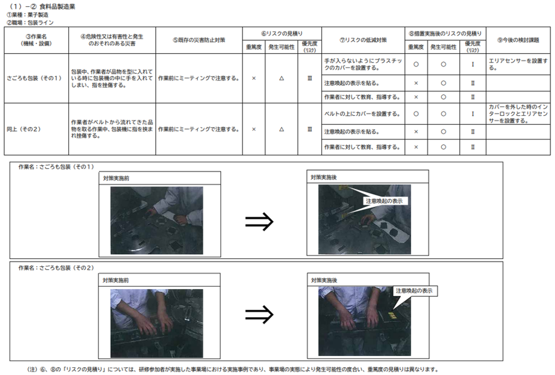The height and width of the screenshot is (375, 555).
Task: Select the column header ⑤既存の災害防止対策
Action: click(x=199, y=40)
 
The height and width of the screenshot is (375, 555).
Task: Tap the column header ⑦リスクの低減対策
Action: click(x=363, y=40)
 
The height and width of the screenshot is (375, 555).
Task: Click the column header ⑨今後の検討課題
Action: click(x=518, y=40)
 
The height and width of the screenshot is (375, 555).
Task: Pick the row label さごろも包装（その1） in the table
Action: click(x=34, y=78)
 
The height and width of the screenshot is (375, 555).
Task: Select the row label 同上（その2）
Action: click(x=24, y=129)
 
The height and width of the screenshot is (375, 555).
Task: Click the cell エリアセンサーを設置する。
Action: click(x=518, y=64)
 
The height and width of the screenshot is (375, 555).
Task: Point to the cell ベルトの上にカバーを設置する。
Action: click(x=362, y=114)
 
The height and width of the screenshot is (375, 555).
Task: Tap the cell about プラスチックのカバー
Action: click(x=363, y=64)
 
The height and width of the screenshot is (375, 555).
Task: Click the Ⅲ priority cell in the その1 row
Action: click(x=310, y=78)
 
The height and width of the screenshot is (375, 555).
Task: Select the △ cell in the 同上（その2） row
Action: click(x=281, y=129)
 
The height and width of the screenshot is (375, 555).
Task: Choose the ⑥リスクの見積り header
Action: click(x=282, y=34)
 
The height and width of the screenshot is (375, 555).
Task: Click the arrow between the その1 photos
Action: click(x=259, y=222)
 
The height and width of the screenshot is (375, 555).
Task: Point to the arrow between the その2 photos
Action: click(x=259, y=315)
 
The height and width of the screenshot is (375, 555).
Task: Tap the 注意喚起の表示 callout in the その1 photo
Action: click(x=384, y=201)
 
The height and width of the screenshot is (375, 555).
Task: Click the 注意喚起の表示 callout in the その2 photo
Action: click(x=414, y=291)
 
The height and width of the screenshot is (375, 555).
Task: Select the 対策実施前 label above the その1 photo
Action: click(x=116, y=178)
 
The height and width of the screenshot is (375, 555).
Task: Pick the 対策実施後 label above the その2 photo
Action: click(x=324, y=280)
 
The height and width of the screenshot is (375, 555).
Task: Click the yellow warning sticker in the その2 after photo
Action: click(x=392, y=315)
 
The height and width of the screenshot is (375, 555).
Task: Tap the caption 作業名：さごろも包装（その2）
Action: click(x=56, y=268)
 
